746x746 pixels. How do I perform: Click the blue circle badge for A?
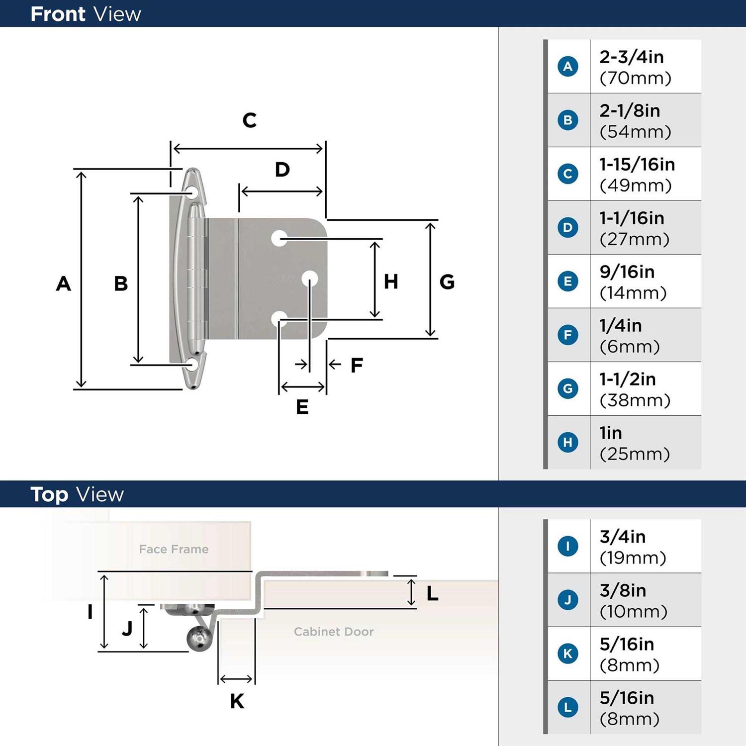[568, 66]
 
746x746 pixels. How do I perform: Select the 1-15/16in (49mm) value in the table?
[637, 175]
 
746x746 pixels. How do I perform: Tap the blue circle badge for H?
[568, 442]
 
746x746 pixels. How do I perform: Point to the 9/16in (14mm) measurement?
[633, 282]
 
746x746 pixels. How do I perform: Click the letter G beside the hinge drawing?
[447, 282]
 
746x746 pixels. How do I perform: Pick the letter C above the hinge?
[250, 120]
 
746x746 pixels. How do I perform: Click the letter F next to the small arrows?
[357, 365]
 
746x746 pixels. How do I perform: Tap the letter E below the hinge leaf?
[302, 407]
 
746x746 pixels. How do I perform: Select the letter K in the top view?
[237, 701]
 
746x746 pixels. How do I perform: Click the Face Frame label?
[174, 549]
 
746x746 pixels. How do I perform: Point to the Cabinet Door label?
[334, 632]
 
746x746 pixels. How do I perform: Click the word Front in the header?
[58, 14]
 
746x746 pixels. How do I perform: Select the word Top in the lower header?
[49, 495]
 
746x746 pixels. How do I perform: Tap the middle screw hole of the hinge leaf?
[310, 279]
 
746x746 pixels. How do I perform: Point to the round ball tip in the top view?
[199, 639]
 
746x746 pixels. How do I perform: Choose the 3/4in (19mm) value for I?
[633, 547]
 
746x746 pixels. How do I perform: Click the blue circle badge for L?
[568, 707]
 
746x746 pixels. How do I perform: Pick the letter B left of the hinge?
[121, 283]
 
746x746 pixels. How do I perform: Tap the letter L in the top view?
[432, 593]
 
